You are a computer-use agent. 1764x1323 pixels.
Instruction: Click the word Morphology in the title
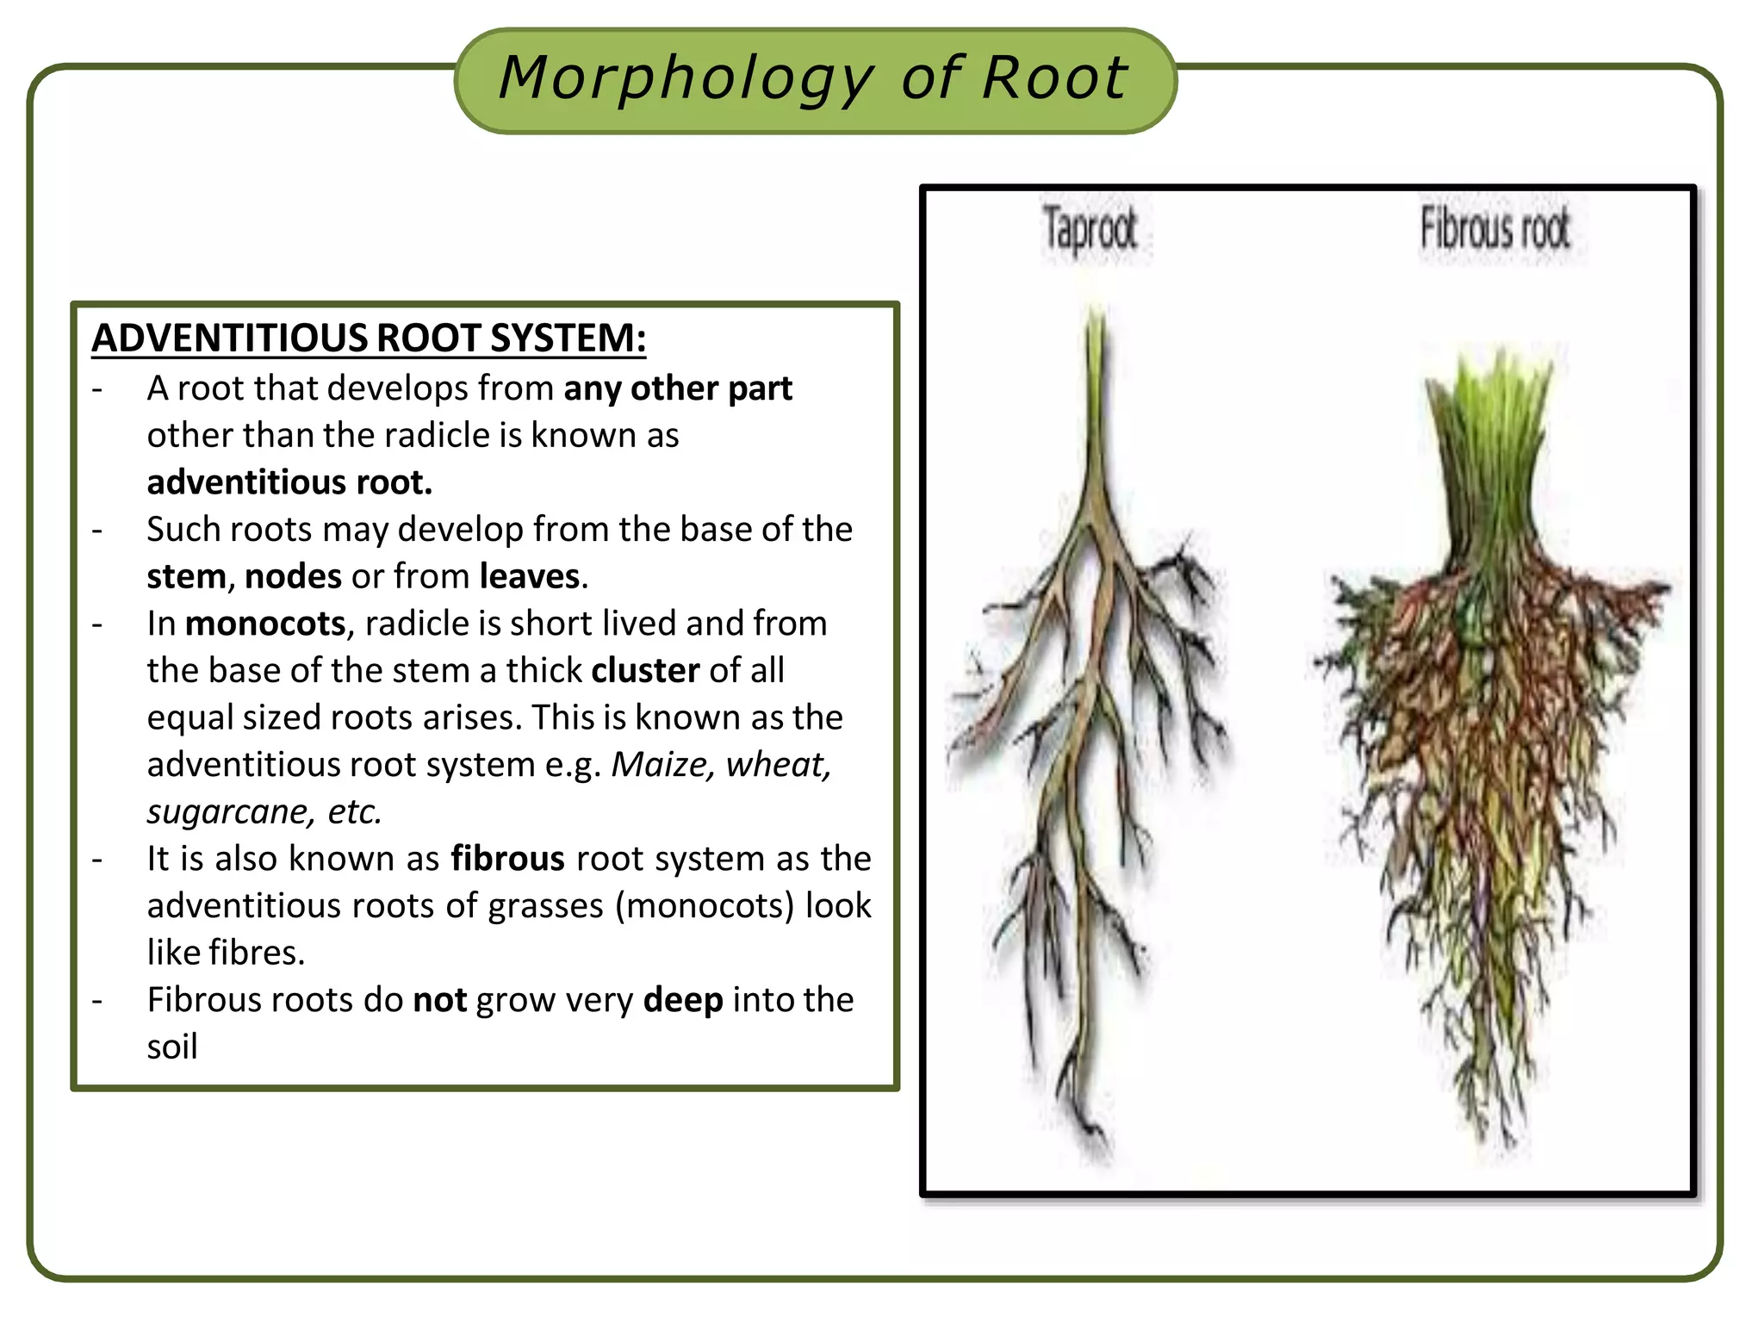pyautogui.click(x=686, y=79)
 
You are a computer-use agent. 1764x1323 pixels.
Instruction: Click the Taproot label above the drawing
pyautogui.click(x=1090, y=231)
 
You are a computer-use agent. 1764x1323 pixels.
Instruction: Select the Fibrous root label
pyautogui.click(x=1494, y=231)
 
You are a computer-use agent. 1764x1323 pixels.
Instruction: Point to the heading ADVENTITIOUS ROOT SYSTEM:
pyautogui.click(x=369, y=338)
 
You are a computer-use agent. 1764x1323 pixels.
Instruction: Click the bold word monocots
pyautogui.click(x=265, y=624)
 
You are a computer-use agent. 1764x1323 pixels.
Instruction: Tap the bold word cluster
pyautogui.click(x=645, y=671)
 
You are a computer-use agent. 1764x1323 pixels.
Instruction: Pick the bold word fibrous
pyautogui.click(x=507, y=859)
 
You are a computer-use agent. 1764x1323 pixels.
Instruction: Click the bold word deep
pyautogui.click(x=683, y=1000)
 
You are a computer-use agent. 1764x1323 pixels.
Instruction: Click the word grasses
pyautogui.click(x=545, y=906)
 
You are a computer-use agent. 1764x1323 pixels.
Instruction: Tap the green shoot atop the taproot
pyautogui.click(x=1096, y=362)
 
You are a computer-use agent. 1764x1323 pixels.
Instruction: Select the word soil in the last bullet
pyautogui.click(x=172, y=1047)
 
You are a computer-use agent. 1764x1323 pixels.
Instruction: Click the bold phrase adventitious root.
pyautogui.click(x=289, y=483)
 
